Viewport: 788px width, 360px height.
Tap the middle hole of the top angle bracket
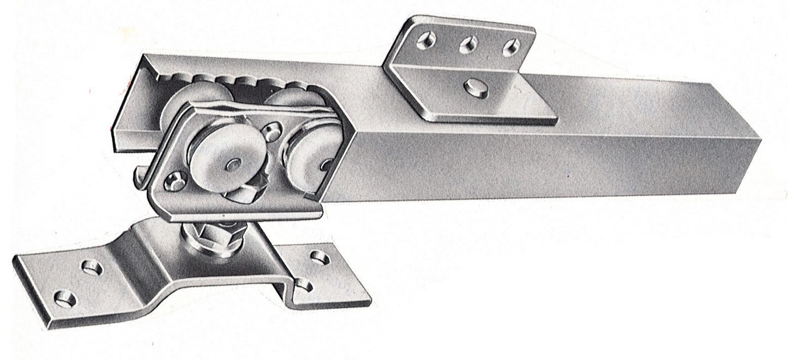pos(468,44)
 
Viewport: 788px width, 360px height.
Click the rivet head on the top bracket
pos(476,88)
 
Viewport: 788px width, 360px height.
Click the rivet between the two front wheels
pos(271,131)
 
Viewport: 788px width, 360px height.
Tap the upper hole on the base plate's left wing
pos(92,267)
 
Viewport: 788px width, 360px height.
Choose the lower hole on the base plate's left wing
pos(65,298)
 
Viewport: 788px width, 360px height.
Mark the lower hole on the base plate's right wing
pos(303,285)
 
